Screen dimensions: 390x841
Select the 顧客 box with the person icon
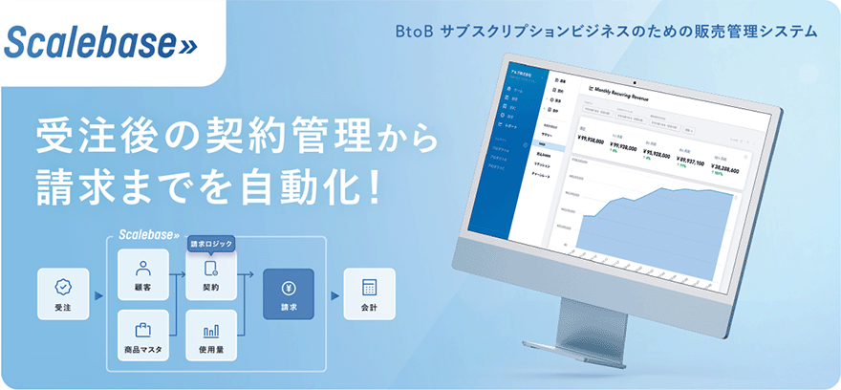[142, 277]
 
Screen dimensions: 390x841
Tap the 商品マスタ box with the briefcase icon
[142, 336]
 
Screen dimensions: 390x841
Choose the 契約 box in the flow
[211, 277]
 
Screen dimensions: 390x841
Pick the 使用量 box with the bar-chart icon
[211, 336]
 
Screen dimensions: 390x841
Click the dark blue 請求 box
[288, 294]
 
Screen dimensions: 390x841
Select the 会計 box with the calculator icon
[369, 294]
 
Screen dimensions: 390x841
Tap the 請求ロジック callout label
[211, 243]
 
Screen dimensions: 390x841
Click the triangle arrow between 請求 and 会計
[329, 294]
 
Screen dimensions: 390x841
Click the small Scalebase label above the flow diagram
[146, 233]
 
